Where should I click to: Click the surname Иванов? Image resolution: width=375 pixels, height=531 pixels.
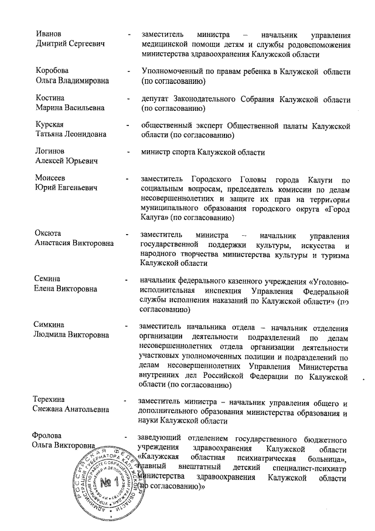(x=49, y=33)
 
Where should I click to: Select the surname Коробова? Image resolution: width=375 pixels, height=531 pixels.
(x=52, y=71)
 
